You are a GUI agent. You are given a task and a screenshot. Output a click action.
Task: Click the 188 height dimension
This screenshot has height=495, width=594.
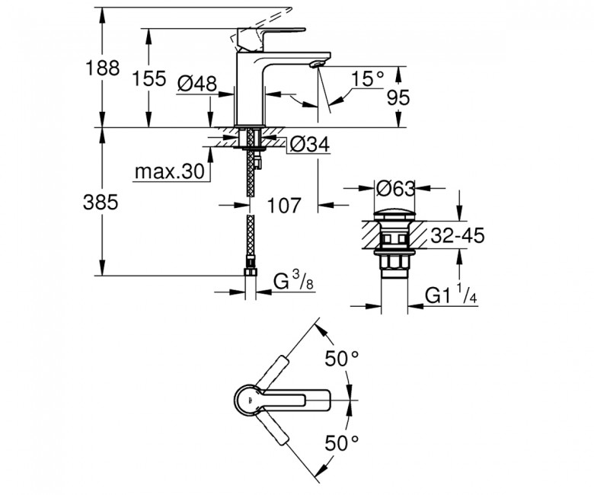(x=102, y=69)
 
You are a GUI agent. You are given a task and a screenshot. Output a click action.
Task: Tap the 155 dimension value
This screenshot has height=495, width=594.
(x=148, y=78)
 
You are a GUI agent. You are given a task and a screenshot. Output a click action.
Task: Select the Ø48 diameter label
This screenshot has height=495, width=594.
(x=197, y=83)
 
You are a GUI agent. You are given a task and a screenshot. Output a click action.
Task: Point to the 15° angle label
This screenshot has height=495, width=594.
(x=368, y=79)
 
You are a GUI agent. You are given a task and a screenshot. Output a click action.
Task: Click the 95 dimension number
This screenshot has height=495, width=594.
(x=398, y=97)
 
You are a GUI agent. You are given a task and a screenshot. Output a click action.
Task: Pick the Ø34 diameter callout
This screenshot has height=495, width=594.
(x=310, y=144)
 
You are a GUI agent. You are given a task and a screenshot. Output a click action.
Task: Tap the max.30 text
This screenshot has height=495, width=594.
(x=170, y=172)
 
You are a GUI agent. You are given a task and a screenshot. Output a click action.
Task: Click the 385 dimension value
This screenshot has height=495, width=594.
(x=101, y=203)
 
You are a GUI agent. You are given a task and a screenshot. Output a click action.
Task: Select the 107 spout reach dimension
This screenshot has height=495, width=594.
(x=284, y=206)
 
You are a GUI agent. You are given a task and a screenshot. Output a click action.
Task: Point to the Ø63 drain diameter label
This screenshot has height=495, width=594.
(x=396, y=188)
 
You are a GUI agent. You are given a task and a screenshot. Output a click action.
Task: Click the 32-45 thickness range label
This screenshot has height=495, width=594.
(x=458, y=235)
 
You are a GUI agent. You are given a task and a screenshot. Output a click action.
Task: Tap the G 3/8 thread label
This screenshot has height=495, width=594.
(x=294, y=282)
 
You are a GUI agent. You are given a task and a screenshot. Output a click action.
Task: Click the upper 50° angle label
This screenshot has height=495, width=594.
(x=342, y=358)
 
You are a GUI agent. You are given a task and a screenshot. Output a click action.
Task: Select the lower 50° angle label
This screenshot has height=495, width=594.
(x=342, y=442)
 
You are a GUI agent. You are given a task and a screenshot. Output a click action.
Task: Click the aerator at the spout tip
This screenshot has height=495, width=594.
(x=316, y=65)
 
